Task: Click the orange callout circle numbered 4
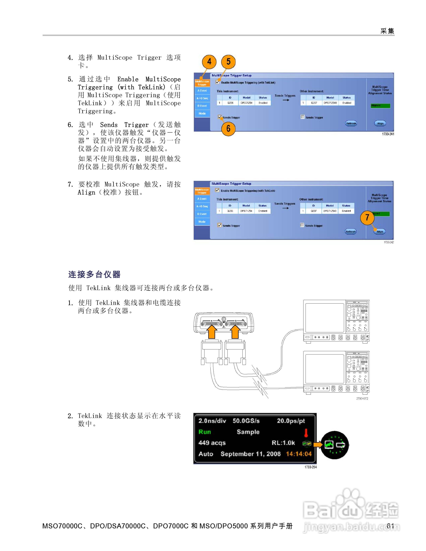coord(209,62)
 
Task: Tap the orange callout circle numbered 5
coord(228,62)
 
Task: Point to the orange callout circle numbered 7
coord(367,217)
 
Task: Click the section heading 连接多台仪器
coord(94,274)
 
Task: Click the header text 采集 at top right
coord(387,31)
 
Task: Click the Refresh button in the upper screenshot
coord(351,123)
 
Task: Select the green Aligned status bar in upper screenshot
coord(380,106)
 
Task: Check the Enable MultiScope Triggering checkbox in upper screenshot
coord(218,82)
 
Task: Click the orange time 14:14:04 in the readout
coord(299,454)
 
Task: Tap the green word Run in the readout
coord(205,432)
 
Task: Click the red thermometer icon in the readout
coord(306,433)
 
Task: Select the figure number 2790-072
coord(362,399)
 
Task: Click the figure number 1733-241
coord(388,134)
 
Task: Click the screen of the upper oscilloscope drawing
coord(325,318)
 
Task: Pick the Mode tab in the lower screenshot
coord(202,222)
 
